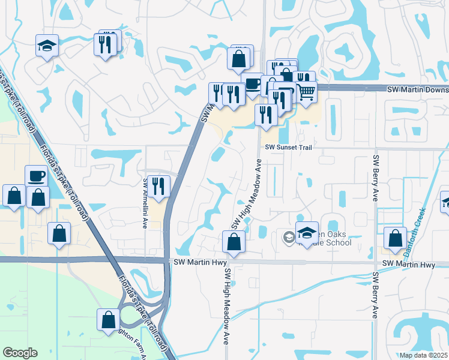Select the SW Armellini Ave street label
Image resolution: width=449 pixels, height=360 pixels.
[x=145, y=203]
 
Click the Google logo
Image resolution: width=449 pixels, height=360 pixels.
[x=20, y=353]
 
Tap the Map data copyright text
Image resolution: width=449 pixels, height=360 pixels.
[x=424, y=355]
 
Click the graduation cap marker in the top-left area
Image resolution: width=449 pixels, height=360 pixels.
[x=46, y=46]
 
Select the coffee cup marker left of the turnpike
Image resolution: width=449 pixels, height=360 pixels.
[x=36, y=176]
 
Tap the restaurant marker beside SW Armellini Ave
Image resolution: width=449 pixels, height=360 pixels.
[x=158, y=185]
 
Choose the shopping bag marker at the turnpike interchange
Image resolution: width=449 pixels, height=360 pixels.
[x=109, y=319]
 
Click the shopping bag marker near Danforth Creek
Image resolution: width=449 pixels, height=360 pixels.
[x=395, y=238]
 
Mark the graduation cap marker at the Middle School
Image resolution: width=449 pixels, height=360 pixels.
[x=307, y=232]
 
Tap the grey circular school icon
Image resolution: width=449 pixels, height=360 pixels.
[x=289, y=238]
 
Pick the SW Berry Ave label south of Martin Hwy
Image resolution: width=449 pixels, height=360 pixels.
[x=376, y=295]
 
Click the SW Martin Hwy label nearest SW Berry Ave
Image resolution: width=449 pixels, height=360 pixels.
[x=408, y=265]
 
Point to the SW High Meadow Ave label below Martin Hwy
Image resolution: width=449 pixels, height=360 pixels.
[x=227, y=305]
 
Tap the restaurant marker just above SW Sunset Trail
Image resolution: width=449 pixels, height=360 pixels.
[x=265, y=114]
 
